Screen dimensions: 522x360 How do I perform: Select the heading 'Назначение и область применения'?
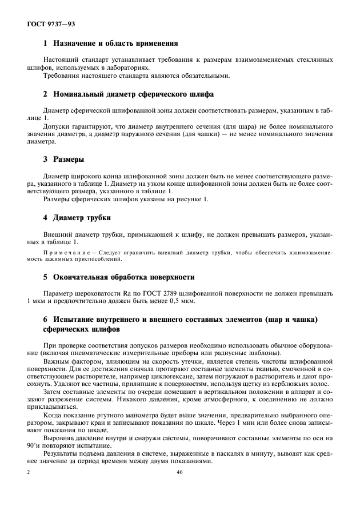tap(115, 43)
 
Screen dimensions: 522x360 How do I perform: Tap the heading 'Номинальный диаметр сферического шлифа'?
tap(134, 94)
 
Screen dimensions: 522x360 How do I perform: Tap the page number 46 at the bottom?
tap(179, 472)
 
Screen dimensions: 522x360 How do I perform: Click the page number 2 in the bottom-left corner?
tap(29, 472)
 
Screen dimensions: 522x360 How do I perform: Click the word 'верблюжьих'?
tap(295, 385)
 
